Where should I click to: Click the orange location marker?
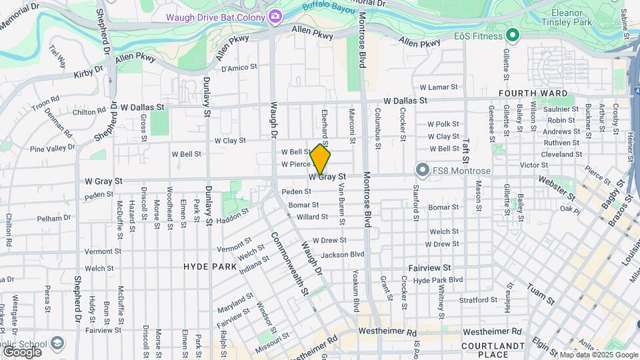coord(321,159)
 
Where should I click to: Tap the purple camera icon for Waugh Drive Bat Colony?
coord(275,15)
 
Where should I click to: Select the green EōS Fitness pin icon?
coord(512,35)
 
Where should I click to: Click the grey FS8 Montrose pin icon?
coord(421,171)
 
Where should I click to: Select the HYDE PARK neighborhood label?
coord(210,267)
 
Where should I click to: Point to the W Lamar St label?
coord(439,87)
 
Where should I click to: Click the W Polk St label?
coord(443,124)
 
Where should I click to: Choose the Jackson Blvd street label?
coord(343,254)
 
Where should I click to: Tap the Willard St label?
coord(312,217)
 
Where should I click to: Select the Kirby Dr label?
coord(89,71)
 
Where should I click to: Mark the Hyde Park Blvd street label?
coord(438,281)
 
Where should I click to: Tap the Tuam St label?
coord(541,293)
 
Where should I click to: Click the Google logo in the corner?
coord(21,351)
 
